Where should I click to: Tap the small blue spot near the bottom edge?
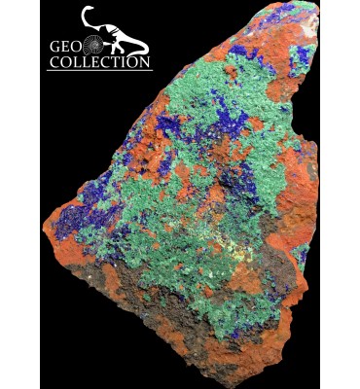pos(234,336)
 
